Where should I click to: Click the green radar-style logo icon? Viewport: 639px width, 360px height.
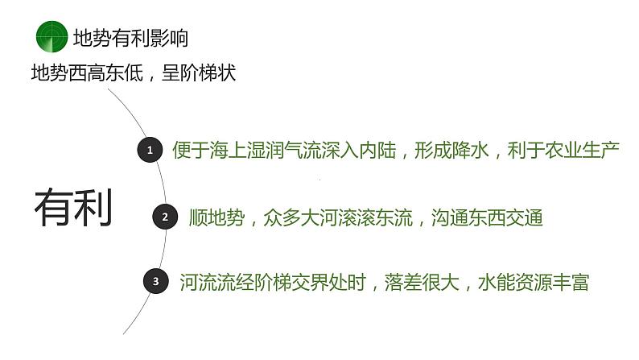tap(52, 36)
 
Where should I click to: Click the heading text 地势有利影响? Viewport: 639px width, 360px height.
tap(131, 37)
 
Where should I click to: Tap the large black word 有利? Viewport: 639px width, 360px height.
tap(73, 208)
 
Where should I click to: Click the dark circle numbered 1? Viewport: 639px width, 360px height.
tap(149, 150)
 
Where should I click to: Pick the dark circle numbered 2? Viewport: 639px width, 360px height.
tap(165, 217)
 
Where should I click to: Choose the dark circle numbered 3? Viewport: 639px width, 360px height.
tap(155, 281)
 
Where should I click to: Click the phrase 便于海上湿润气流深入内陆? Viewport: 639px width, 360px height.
tap(283, 150)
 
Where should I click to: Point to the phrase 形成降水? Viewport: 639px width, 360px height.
tap(451, 150)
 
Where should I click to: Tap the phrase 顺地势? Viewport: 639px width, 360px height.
tap(216, 217)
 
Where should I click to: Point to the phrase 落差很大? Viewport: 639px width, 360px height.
tap(421, 282)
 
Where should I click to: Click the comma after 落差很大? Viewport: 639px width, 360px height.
tap(466, 287)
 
